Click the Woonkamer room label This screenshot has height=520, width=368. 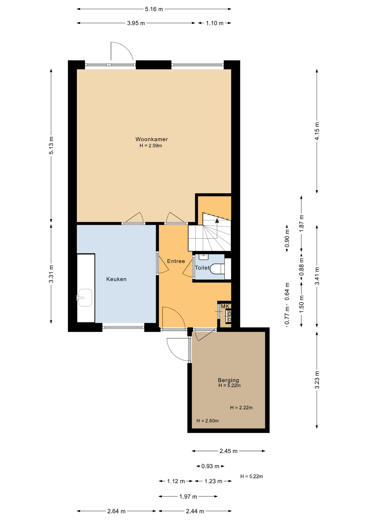pos(151,139)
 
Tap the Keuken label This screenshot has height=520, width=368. pos(116,279)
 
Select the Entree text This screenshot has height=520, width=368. pos(176,261)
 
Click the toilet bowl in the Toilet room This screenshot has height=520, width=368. pos(217,269)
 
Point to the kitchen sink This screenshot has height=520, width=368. pos(85,298)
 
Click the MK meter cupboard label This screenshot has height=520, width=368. pos(225,306)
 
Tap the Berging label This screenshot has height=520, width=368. pos(228,380)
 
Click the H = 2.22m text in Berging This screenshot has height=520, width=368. pos(241,408)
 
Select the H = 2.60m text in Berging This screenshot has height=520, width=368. pos(208,421)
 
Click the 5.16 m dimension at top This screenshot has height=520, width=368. pos(154,9)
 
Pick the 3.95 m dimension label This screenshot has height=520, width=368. pos(136,23)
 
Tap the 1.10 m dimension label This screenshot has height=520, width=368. pos(215,23)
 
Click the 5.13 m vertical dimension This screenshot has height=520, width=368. pos(51,145)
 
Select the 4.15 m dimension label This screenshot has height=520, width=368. pos(317,131)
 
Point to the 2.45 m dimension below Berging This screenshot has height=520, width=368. pos(228,451)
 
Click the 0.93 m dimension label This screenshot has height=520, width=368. pos(210,466)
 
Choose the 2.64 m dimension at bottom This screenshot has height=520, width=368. pos(116,511)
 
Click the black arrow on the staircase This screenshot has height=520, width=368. pos(217,220)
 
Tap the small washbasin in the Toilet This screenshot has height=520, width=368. pos(204,257)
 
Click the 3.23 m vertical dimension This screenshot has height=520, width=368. pos(317,380)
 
